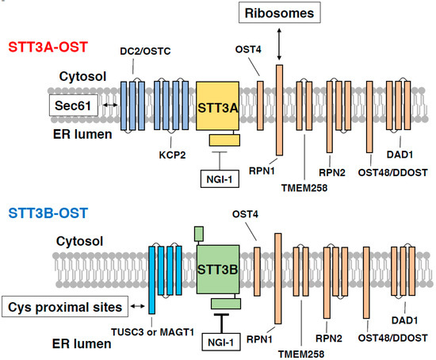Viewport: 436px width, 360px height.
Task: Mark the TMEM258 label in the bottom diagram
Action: click(304, 347)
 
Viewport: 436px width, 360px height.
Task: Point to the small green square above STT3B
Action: click(200, 233)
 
